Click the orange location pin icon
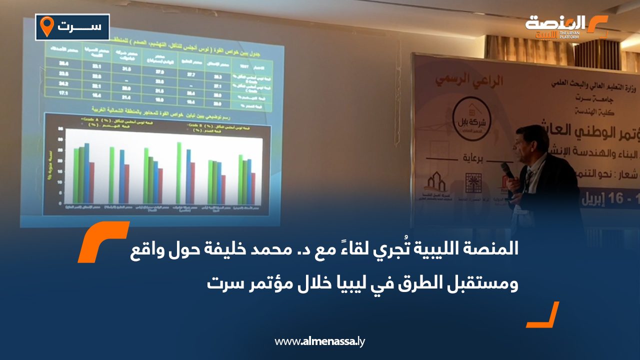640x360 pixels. [46, 26]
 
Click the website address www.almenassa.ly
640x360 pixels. [320, 342]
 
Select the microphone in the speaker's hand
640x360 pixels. [508, 170]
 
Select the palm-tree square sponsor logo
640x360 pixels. [471, 182]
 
